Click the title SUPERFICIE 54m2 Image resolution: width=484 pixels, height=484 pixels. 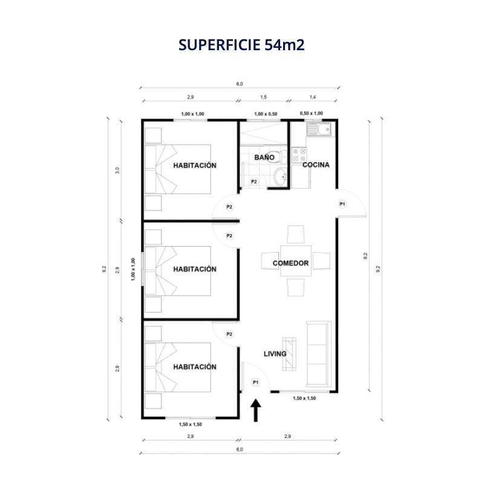(x=241, y=45)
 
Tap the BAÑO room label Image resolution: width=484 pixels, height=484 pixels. (x=264, y=157)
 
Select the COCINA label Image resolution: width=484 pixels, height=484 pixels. (x=316, y=165)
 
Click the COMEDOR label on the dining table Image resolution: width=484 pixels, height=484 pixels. (x=290, y=263)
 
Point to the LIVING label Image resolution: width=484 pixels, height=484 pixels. (x=275, y=354)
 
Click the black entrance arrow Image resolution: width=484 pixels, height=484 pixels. (x=255, y=410)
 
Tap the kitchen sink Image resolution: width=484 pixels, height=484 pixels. (x=319, y=129)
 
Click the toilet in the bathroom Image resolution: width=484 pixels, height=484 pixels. (x=281, y=157)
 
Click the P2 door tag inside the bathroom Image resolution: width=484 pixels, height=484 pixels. (x=253, y=182)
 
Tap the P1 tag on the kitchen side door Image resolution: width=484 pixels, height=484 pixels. (x=342, y=204)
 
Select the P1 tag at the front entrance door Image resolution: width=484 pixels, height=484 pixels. (x=255, y=382)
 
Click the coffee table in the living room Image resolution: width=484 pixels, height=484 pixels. (x=289, y=354)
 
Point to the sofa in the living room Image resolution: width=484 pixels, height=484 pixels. (x=319, y=354)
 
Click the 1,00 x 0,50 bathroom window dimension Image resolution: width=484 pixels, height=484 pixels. (x=266, y=114)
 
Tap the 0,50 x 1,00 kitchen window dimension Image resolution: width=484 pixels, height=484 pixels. (x=311, y=113)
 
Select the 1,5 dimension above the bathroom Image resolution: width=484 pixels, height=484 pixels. (x=263, y=97)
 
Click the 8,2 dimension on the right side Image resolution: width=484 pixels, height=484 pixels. (x=365, y=256)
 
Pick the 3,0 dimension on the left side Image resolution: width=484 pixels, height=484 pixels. (x=117, y=171)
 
